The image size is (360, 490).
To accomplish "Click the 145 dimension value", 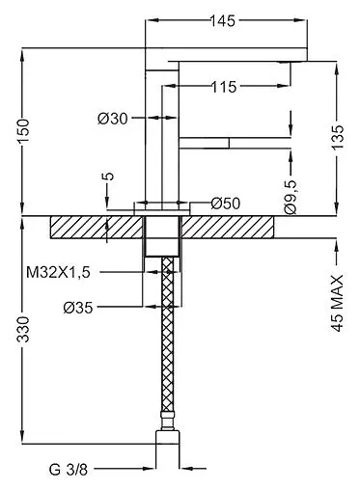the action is click(223, 21).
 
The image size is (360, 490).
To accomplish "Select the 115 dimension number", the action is click(224, 87).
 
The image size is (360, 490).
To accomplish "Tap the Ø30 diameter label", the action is click(113, 119).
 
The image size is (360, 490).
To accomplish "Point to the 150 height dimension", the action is click(24, 131).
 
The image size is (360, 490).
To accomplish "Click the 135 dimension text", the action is click(338, 137).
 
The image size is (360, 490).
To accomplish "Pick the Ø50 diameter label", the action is click(226, 204).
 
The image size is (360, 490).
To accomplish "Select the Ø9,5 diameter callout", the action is click(291, 197).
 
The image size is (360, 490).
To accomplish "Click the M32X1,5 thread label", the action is click(58, 273).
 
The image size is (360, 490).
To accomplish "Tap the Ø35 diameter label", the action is click(78, 308).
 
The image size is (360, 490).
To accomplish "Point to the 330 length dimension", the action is click(24, 329).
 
